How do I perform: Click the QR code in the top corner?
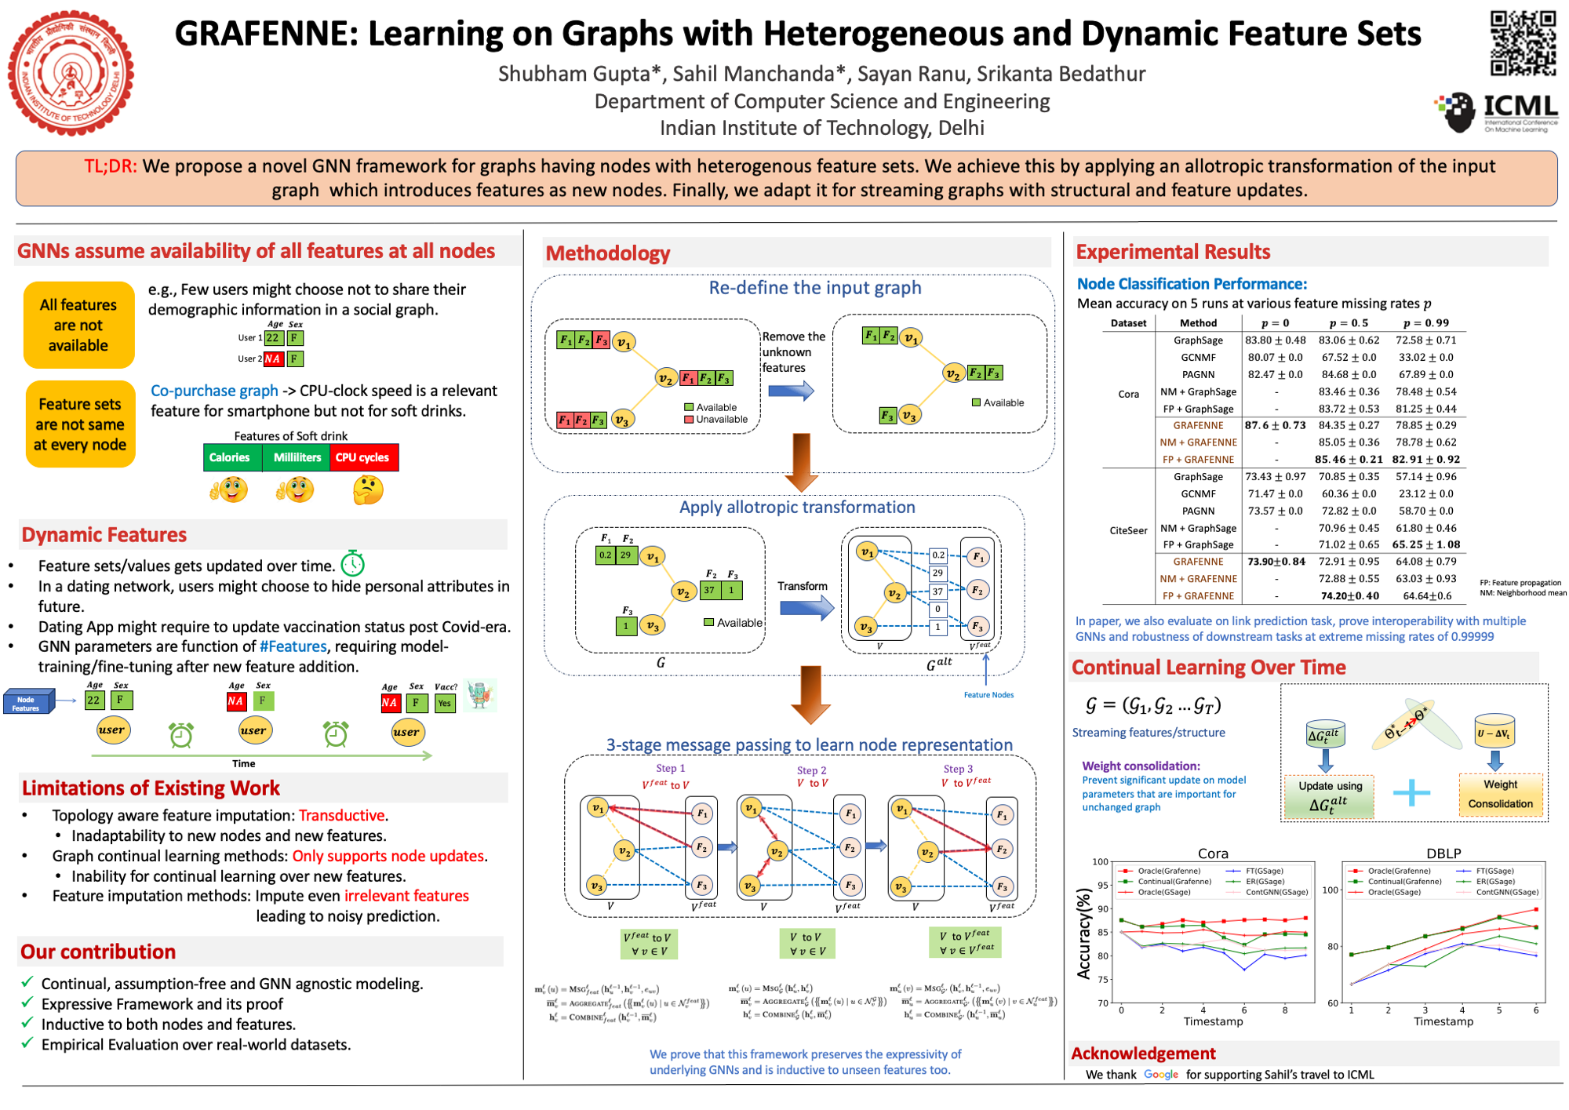(x=1523, y=44)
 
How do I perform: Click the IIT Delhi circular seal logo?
(x=71, y=73)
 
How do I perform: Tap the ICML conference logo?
(x=1497, y=112)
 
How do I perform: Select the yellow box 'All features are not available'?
(x=78, y=325)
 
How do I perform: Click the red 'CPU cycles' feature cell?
(x=363, y=457)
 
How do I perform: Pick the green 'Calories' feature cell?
(x=230, y=457)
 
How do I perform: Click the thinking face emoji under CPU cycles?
(x=368, y=490)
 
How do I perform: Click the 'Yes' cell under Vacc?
(x=445, y=703)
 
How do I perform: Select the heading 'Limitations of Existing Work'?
(x=151, y=788)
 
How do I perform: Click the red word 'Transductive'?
(x=341, y=816)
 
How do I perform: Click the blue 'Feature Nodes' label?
(x=988, y=695)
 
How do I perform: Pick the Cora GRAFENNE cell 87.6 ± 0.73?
(x=1276, y=425)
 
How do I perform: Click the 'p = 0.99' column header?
(x=1426, y=323)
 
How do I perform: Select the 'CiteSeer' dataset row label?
(x=1128, y=530)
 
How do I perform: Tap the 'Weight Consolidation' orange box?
(x=1500, y=794)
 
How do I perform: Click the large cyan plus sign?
(x=1411, y=792)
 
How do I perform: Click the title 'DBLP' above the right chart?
(x=1443, y=853)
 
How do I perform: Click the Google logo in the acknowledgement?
(x=1161, y=1075)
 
